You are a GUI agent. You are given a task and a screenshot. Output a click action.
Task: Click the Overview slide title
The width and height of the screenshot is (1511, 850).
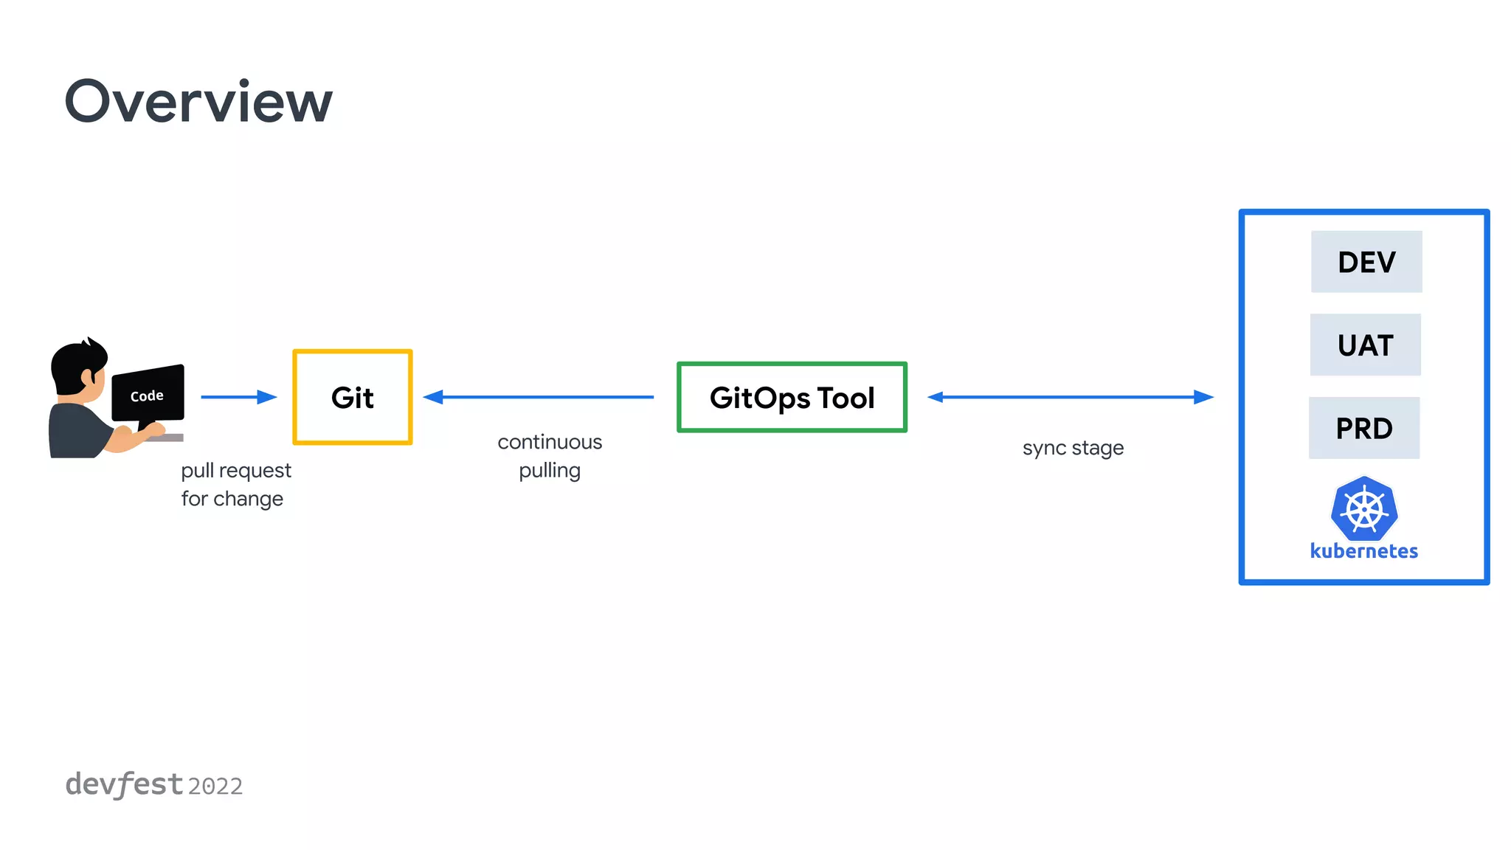click(198, 102)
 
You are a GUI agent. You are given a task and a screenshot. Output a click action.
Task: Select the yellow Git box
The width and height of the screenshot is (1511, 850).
click(353, 397)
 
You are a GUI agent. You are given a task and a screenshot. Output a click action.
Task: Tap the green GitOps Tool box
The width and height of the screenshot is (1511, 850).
click(792, 397)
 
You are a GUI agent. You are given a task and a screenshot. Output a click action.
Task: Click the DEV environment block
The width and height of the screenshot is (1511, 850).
click(1366, 262)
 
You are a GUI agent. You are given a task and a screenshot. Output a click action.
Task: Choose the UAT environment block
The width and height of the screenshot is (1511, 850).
click(1365, 345)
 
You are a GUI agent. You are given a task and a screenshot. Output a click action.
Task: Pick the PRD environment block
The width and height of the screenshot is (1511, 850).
click(1364, 428)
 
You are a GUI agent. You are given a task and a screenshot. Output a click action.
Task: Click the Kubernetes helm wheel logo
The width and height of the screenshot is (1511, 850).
click(1364, 509)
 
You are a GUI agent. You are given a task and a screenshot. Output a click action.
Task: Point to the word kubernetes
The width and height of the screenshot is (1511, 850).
click(1363, 551)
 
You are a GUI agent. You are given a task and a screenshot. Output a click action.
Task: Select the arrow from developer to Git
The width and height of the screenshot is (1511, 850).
click(238, 397)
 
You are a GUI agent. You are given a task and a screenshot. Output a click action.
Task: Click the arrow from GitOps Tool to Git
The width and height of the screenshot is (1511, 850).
click(539, 397)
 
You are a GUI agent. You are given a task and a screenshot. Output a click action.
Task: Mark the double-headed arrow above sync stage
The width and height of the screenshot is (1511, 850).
click(1070, 397)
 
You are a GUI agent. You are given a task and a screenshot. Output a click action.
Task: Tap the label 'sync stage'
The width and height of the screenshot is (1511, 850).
click(1073, 448)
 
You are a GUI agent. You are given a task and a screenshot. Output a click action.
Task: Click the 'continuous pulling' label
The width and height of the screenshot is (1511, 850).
click(550, 456)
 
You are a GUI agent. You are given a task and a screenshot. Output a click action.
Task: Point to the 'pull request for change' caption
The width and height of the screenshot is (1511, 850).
click(235, 484)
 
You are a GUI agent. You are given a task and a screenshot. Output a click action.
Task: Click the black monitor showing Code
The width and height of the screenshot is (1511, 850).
click(148, 395)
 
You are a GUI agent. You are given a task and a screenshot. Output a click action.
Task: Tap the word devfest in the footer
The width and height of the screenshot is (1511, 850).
click(124, 784)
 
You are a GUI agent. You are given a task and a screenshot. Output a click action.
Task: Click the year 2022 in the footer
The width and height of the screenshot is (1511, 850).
click(215, 787)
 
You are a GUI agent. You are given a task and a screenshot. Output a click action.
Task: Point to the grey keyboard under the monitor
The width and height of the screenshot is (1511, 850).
click(168, 438)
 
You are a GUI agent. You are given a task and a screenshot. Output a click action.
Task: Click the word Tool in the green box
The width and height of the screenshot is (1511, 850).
click(846, 398)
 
